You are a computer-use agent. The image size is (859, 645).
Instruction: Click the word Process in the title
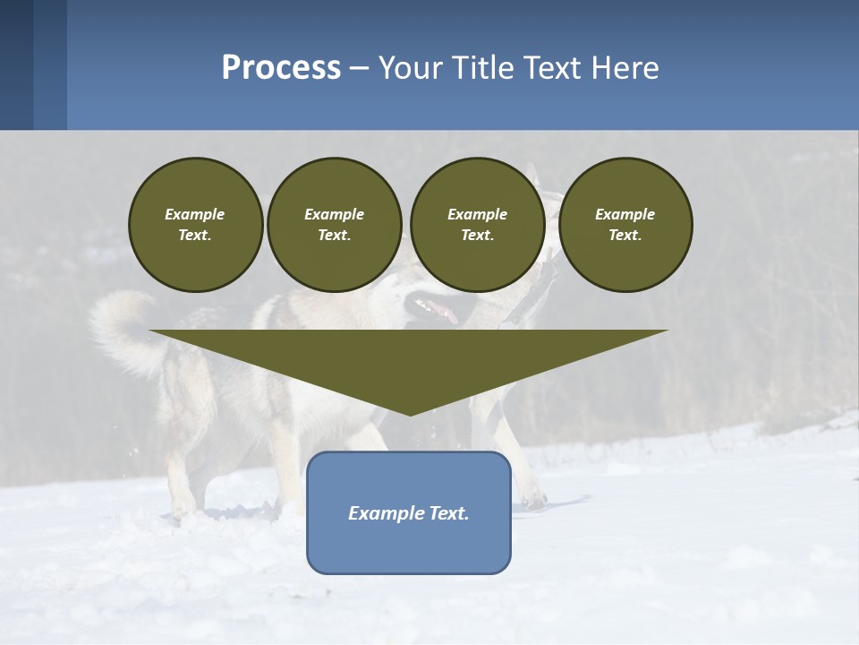coord(281,68)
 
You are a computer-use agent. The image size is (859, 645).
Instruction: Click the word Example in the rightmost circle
coord(625,214)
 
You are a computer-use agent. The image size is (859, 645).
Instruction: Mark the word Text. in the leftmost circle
coord(195,236)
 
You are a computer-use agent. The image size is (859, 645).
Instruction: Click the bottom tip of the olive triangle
coord(410,412)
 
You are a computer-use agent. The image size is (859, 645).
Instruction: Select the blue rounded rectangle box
coord(409,546)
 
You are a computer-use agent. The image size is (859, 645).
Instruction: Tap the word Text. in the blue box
coord(449,513)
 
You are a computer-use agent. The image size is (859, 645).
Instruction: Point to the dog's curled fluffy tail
coord(121,327)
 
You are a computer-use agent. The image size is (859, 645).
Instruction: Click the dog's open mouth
coord(435,310)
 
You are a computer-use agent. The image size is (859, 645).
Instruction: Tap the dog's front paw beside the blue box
coord(533,496)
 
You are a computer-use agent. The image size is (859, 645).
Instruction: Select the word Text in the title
coord(555,68)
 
